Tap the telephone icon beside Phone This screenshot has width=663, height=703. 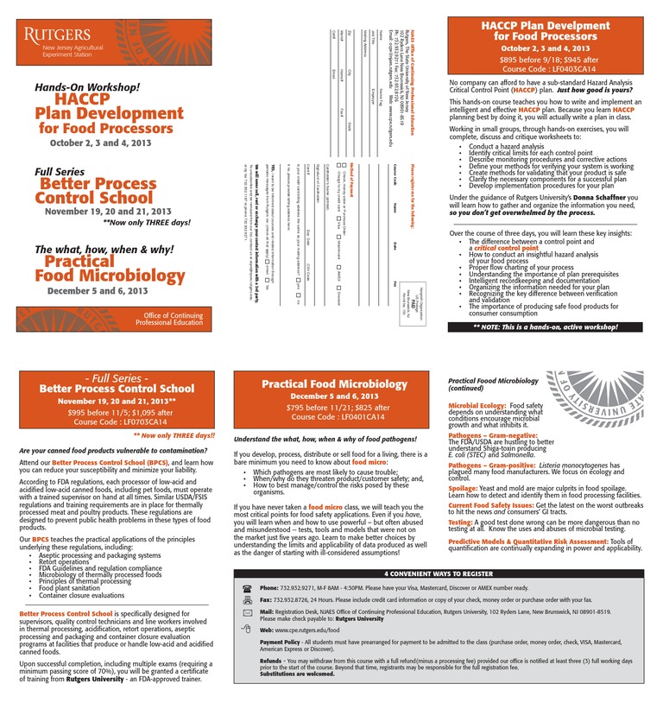point(248,587)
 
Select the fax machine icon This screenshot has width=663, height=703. point(248,599)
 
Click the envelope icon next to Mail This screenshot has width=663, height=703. point(248,612)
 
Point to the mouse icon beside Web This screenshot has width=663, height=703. point(248,630)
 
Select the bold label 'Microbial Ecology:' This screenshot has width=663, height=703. point(477,405)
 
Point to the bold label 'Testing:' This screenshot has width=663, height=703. point(460,522)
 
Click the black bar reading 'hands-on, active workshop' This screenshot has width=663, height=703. point(545,328)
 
